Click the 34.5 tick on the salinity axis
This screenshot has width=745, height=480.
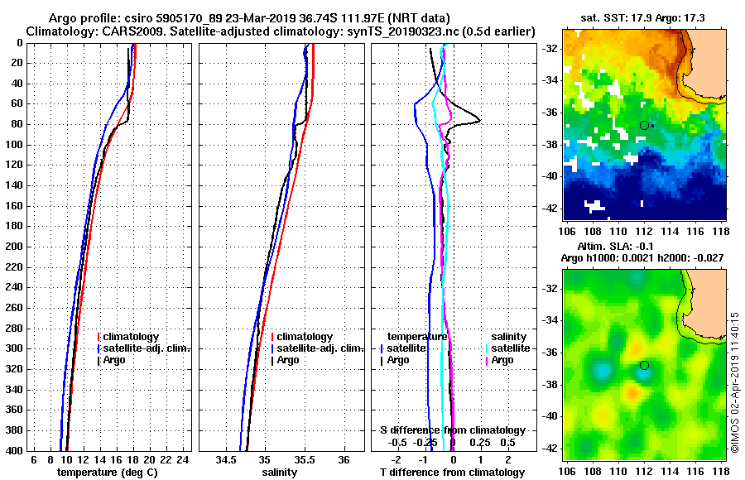pyautogui.click(x=226, y=459)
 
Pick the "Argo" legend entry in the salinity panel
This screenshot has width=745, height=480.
pyautogui.click(x=288, y=360)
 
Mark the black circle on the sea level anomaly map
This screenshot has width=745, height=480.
pyautogui.click(x=644, y=365)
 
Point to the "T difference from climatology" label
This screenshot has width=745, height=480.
pyautogui.click(x=452, y=472)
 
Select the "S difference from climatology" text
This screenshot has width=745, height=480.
pyautogui.click(x=452, y=430)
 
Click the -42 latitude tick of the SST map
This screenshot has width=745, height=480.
pyautogui.click(x=550, y=208)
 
